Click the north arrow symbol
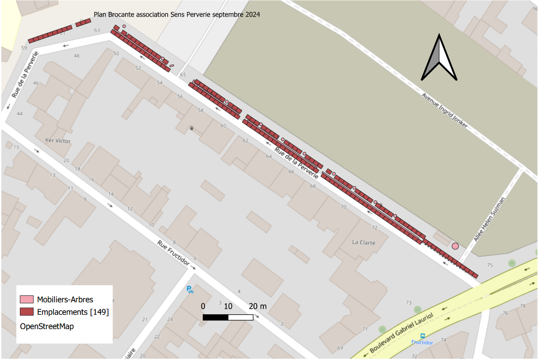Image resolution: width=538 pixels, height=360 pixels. [439, 58]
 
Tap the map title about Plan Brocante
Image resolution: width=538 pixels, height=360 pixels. [177, 15]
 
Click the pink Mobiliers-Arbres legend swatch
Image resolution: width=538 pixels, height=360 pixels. [27, 300]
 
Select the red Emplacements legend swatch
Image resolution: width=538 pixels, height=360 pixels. [27, 312]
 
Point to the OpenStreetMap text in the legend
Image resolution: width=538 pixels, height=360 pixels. [47, 326]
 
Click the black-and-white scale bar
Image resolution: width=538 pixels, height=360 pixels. [228, 317]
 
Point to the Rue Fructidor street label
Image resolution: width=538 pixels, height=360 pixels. [174, 254]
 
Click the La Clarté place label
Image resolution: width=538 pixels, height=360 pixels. [363, 242]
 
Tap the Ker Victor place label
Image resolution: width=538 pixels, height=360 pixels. [58, 140]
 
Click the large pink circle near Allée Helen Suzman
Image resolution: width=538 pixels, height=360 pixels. [455, 246]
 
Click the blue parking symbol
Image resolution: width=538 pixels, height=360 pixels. [189, 289]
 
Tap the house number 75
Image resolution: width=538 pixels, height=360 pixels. [490, 265]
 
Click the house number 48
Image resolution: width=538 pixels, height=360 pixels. [77, 56]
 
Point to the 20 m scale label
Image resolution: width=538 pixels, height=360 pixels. [258, 306]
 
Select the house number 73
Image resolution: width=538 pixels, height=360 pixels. [408, 302]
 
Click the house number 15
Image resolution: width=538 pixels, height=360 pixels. [16, 147]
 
